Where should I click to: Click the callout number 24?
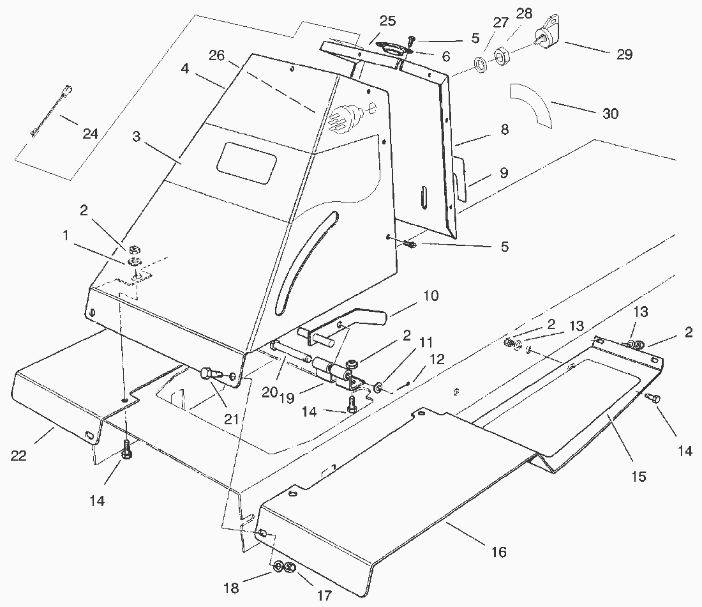(89, 134)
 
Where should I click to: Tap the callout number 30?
(611, 114)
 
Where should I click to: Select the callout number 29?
(624, 54)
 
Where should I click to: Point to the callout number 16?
(498, 551)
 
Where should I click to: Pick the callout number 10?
(430, 296)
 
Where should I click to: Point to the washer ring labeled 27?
(481, 65)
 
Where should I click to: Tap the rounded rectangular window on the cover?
(246, 158)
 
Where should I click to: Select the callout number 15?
(639, 476)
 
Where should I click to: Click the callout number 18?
(231, 588)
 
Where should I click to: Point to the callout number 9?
(504, 173)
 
